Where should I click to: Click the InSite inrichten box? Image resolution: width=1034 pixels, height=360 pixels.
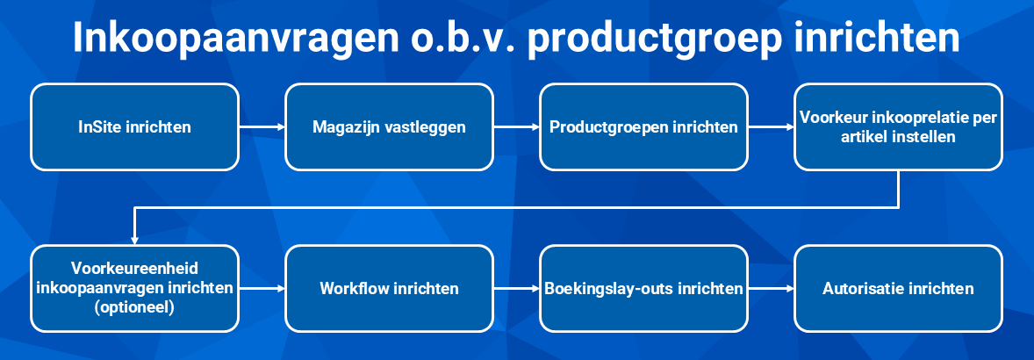click(x=134, y=127)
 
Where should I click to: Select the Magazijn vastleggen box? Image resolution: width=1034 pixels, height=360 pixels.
click(x=389, y=127)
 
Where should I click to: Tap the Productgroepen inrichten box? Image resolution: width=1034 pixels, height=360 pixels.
click(x=643, y=127)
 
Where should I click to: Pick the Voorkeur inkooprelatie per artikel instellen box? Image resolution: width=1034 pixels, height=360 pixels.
click(x=898, y=127)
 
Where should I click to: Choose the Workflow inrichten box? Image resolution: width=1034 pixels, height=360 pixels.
click(x=389, y=289)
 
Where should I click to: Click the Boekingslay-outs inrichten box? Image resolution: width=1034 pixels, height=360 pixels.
click(x=643, y=289)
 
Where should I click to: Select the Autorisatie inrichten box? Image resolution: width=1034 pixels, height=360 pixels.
click(x=898, y=289)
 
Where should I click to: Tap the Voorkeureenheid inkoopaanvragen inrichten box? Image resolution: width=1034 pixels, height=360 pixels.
click(x=134, y=289)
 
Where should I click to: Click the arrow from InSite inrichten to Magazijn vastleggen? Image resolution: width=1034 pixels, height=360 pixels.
click(x=262, y=127)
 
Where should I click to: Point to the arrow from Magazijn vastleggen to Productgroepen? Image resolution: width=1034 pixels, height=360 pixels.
click(x=517, y=127)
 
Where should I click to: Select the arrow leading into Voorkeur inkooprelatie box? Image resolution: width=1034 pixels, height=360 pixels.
click(x=772, y=127)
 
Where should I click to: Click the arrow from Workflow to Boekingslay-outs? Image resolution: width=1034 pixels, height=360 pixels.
click(x=517, y=289)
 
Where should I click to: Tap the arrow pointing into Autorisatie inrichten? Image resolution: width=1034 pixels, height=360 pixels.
click(x=772, y=289)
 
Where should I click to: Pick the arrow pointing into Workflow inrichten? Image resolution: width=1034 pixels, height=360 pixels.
click(x=262, y=289)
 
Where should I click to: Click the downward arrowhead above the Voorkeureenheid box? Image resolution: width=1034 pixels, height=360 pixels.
click(x=134, y=241)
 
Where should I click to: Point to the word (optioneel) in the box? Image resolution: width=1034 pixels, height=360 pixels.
click(x=134, y=307)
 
